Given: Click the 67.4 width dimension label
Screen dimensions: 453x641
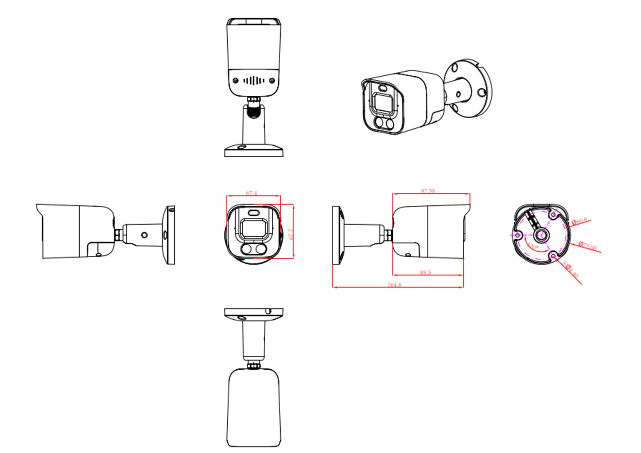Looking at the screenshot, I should click(x=251, y=193).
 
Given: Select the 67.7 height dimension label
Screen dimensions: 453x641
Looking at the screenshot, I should click(x=291, y=234).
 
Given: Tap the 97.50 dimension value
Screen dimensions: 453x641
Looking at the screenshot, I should click(x=428, y=191).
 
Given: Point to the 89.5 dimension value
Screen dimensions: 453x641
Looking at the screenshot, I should click(x=425, y=272).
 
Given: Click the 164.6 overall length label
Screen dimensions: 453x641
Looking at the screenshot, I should click(x=394, y=285).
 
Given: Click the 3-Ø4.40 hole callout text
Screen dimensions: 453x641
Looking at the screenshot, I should click(x=570, y=269).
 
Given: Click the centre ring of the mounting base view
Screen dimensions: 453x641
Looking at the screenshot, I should click(x=541, y=235).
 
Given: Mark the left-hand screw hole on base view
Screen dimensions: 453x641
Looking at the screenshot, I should click(x=517, y=235).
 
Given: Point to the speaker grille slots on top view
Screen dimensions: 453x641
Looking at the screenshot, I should click(x=254, y=80).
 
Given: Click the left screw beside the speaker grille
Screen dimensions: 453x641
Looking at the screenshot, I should click(x=236, y=80).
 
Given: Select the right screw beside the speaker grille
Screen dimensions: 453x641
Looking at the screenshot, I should click(x=272, y=80).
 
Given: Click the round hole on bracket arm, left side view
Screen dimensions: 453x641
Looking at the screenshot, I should click(x=144, y=235).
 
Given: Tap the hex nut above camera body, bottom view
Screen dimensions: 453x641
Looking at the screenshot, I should click(x=253, y=365).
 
